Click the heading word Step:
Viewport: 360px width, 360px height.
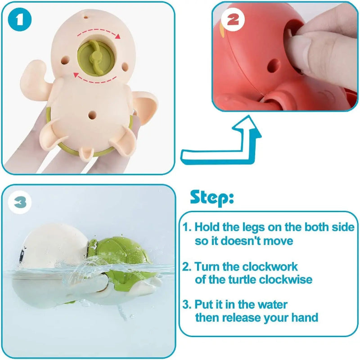211,198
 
